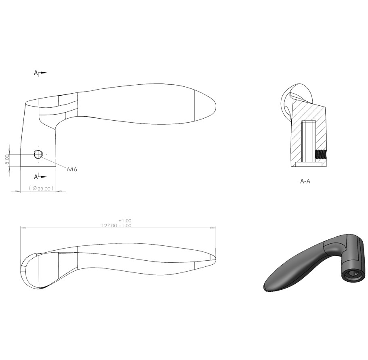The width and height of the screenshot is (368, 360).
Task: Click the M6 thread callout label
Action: [x=72, y=169]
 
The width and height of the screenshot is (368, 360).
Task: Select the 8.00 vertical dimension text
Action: [x=7, y=159]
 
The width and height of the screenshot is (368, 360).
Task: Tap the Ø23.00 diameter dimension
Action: [x=41, y=188]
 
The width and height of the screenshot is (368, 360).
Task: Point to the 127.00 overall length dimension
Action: [x=109, y=226]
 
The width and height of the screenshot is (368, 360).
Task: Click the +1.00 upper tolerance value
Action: [x=125, y=221]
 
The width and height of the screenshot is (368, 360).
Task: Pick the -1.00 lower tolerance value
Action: [x=125, y=226]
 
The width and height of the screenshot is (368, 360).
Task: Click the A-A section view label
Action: [x=305, y=181]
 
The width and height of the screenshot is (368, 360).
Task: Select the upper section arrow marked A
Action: [x=40, y=73]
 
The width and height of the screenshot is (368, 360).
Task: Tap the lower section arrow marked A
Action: [x=40, y=177]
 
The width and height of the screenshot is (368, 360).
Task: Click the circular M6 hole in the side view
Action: [x=38, y=154]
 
